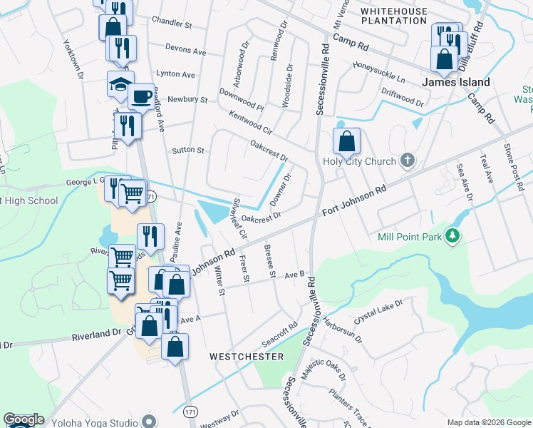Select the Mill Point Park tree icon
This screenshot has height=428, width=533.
(x=451, y=235)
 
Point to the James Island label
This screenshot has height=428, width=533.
(x=456, y=83)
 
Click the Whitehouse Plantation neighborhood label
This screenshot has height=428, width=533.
(x=393, y=16)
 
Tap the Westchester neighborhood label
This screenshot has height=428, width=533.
(x=247, y=356)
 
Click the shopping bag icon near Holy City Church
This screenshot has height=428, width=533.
(x=346, y=141)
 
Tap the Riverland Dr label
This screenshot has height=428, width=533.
(x=97, y=333)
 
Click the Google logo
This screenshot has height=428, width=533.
(x=24, y=419)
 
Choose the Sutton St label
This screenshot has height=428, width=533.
(x=188, y=151)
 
